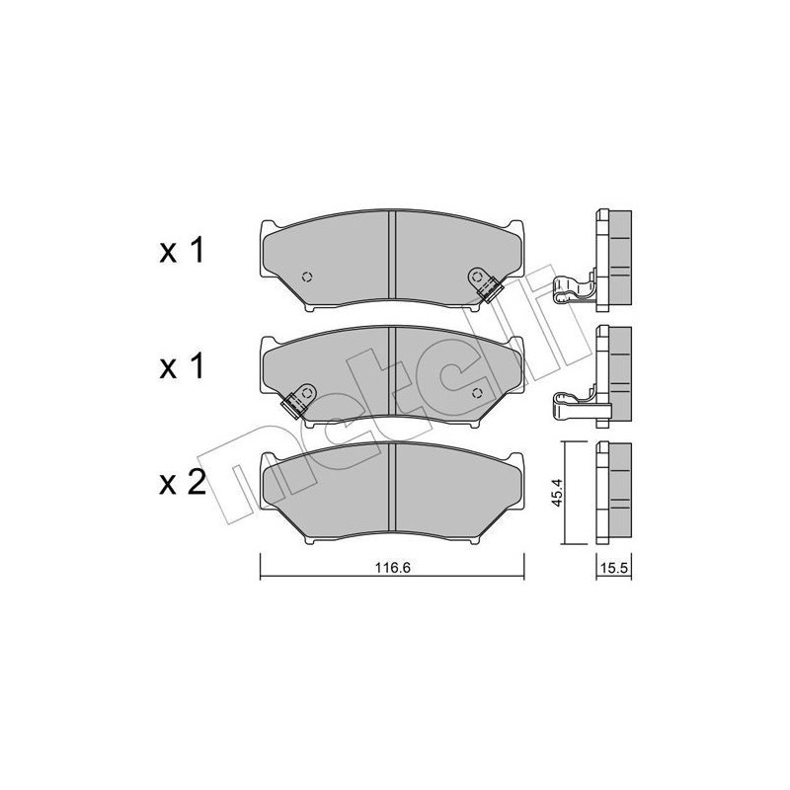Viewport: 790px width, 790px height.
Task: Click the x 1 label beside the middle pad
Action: pos(182,368)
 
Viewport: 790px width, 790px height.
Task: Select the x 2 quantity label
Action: pos(182,483)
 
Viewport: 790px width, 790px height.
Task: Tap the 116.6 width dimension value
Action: pos(391,566)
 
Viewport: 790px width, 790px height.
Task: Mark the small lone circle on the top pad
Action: pos(305,276)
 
